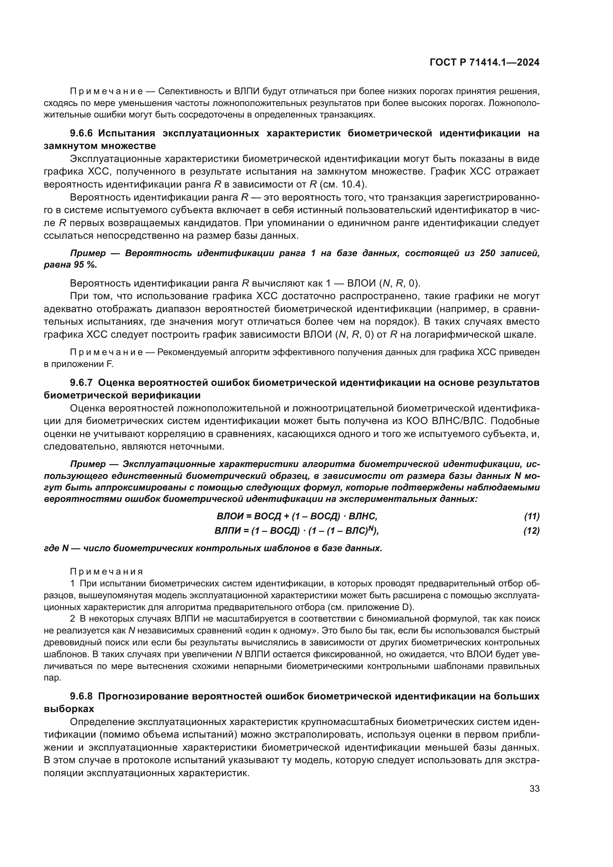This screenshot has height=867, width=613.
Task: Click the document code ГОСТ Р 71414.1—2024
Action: (x=484, y=63)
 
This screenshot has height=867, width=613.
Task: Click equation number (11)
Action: (x=531, y=516)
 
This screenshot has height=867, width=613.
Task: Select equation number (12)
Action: (x=531, y=531)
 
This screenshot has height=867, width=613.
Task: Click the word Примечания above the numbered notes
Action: (x=107, y=571)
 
